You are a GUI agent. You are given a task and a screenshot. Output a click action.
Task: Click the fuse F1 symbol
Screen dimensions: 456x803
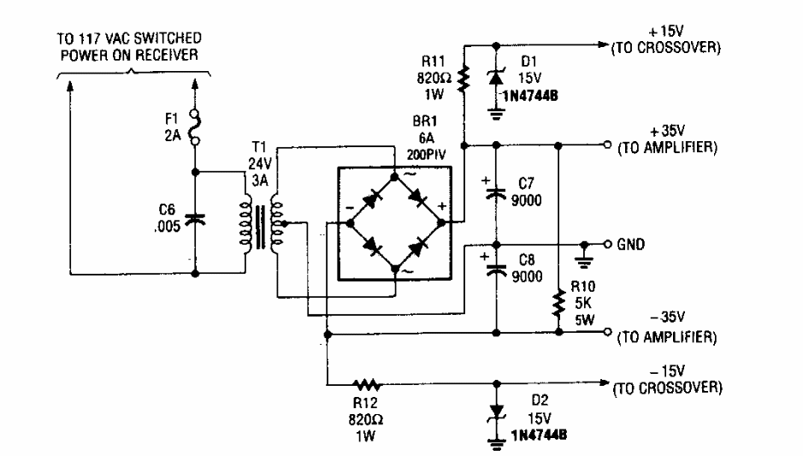196,124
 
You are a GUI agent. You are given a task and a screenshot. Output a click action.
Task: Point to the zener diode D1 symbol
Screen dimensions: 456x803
495,79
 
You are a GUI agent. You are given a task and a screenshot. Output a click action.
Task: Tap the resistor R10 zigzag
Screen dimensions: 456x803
558,302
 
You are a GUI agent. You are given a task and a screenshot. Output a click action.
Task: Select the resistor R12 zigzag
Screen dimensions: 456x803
368,385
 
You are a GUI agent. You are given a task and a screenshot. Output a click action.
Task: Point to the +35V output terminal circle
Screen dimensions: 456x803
605,144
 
